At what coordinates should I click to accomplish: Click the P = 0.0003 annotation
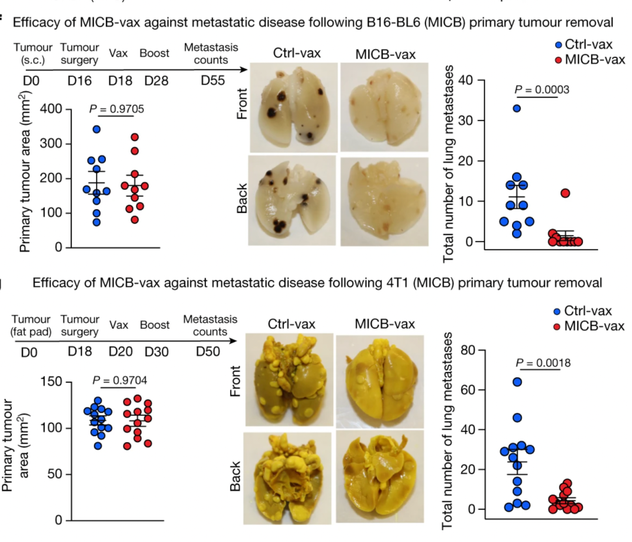pyautogui.click(x=541, y=89)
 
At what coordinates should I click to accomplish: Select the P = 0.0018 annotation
pyautogui.click(x=542, y=363)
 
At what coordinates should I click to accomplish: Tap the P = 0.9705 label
pyautogui.click(x=116, y=108)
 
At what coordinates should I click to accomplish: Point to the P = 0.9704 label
pyautogui.click(x=120, y=381)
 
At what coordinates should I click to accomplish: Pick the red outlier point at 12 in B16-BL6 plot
pyautogui.click(x=564, y=193)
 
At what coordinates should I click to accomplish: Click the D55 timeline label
pyautogui.click(x=212, y=81)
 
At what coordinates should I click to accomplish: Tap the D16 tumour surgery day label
pyautogui.click(x=80, y=81)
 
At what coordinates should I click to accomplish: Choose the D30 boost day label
pyautogui.click(x=156, y=353)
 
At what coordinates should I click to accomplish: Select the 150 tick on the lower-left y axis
pyautogui.click(x=53, y=382)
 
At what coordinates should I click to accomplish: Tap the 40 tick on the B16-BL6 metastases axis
pyautogui.click(x=467, y=80)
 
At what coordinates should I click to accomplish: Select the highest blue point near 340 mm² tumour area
pyautogui.click(x=97, y=129)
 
